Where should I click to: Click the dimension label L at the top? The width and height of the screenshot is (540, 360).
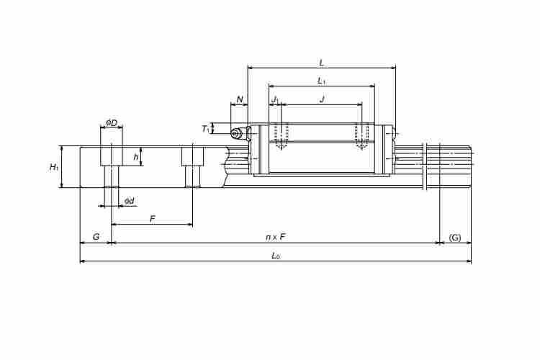pos(322,63)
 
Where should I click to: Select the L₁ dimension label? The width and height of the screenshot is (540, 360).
pos(322,81)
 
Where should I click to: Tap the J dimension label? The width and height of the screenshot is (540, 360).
pos(323,99)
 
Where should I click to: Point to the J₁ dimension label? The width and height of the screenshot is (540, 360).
pos(276,100)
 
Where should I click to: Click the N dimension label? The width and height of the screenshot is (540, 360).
pos(240,99)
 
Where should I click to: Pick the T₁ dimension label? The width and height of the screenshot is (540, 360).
pos(206,129)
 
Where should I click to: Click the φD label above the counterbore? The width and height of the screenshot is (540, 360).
pos(112,122)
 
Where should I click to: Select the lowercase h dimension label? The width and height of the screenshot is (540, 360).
pos(136,157)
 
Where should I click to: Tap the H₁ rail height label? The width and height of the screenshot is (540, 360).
pos(54,168)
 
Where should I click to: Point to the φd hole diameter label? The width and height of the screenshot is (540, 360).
pos(130,201)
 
